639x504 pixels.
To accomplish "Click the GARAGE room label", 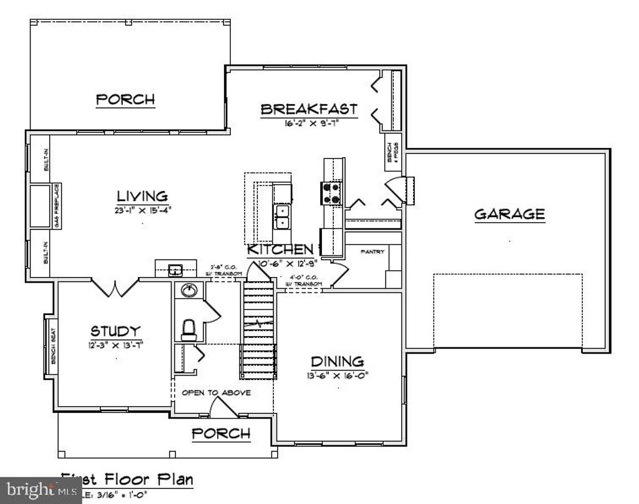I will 509,215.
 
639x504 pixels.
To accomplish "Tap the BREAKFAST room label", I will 309,109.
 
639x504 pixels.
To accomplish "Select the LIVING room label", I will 142,196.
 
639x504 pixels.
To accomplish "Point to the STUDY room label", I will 115,331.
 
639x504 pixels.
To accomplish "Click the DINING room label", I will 337,362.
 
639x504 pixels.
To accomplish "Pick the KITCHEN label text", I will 280,250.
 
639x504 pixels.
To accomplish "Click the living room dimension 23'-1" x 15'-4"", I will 142,210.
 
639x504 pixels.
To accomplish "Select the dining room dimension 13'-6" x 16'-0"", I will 337,375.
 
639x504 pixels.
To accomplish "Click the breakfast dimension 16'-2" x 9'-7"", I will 309,123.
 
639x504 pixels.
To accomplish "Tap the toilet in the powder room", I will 188,329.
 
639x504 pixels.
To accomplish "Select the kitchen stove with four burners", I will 331,193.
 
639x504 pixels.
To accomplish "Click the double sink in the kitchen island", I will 281,216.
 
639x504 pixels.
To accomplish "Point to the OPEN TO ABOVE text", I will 216,393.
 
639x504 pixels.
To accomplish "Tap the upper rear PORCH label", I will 125,99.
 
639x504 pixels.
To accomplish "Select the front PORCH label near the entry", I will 221,434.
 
